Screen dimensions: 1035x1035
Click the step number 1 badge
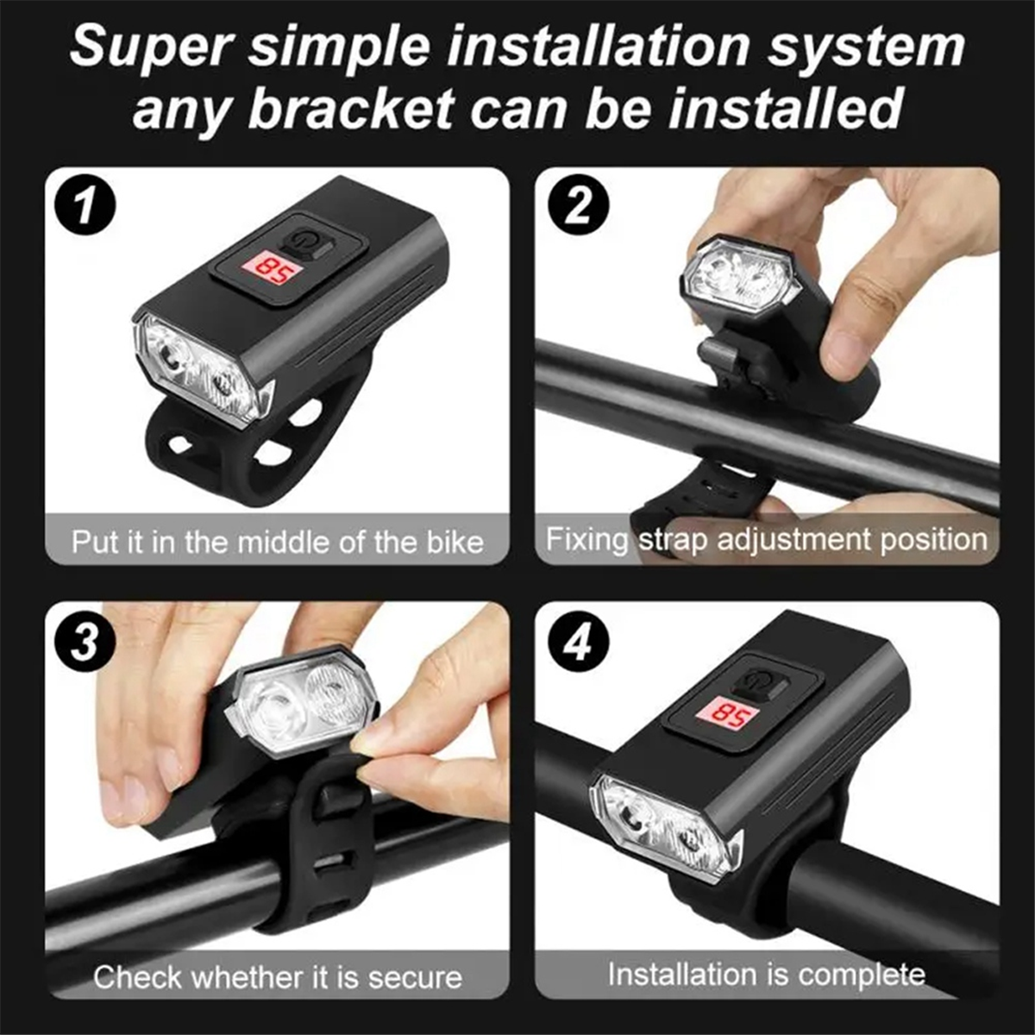(x=85, y=207)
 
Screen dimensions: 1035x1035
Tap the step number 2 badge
(x=577, y=207)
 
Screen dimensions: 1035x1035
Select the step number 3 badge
(x=85, y=643)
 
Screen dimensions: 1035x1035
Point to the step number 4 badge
(x=577, y=643)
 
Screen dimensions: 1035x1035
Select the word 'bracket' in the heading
(x=351, y=110)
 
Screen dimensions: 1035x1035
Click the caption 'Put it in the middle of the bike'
(x=277, y=542)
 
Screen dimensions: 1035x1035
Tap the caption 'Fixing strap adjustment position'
(x=767, y=540)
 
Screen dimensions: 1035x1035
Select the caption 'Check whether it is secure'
(x=277, y=977)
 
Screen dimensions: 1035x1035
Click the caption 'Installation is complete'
(x=767, y=975)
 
